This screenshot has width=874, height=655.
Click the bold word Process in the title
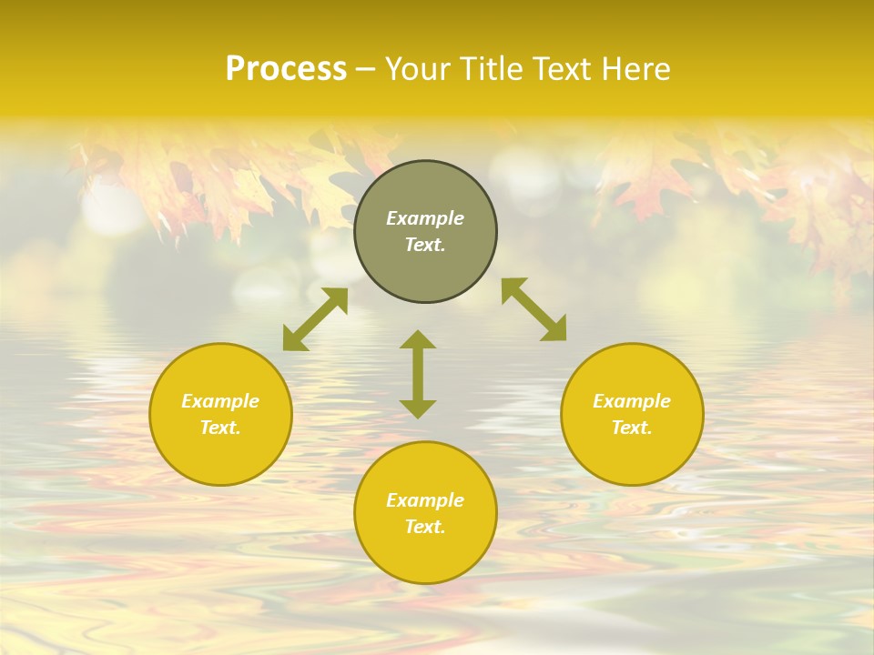[286, 69]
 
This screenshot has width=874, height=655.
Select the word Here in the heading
[636, 69]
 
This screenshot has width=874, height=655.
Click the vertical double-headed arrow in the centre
[418, 374]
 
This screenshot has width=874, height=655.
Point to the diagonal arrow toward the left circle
[315, 319]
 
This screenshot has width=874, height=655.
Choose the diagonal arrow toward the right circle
[534, 309]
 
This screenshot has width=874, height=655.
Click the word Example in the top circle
[425, 218]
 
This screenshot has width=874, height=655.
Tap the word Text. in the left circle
[220, 428]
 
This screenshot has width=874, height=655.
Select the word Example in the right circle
[632, 401]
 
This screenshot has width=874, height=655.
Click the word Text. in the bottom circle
[425, 527]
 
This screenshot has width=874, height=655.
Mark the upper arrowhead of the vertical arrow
[418, 339]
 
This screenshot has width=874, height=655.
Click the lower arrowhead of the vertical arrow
[418, 408]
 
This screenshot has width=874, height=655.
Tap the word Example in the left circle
[220, 401]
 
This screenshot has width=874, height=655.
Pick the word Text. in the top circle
[425, 246]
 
